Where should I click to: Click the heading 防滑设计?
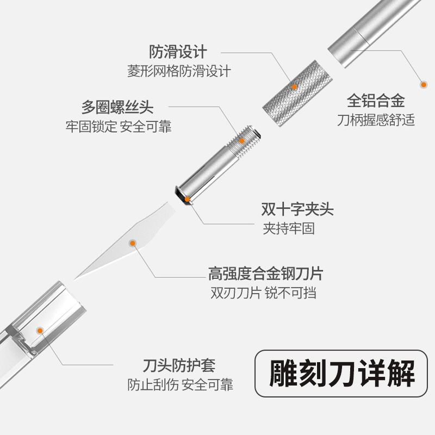[x=178, y=53]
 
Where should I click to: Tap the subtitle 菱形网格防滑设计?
[x=179, y=71]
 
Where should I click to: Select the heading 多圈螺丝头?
[x=125, y=107]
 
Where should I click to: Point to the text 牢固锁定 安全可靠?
[x=119, y=127]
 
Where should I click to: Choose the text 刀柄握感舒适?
[x=376, y=120]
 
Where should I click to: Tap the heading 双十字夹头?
[x=297, y=209]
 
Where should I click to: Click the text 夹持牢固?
[x=289, y=228]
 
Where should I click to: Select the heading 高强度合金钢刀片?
[x=269, y=273]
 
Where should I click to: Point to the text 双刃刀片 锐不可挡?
[x=264, y=293]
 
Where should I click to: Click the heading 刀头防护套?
[x=178, y=365]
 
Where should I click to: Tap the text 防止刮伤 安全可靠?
[x=180, y=385]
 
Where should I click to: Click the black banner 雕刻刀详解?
[x=342, y=375]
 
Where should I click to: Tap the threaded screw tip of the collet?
[x=245, y=140]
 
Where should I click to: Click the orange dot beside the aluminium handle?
[x=422, y=84]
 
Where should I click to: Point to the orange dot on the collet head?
[x=187, y=200]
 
